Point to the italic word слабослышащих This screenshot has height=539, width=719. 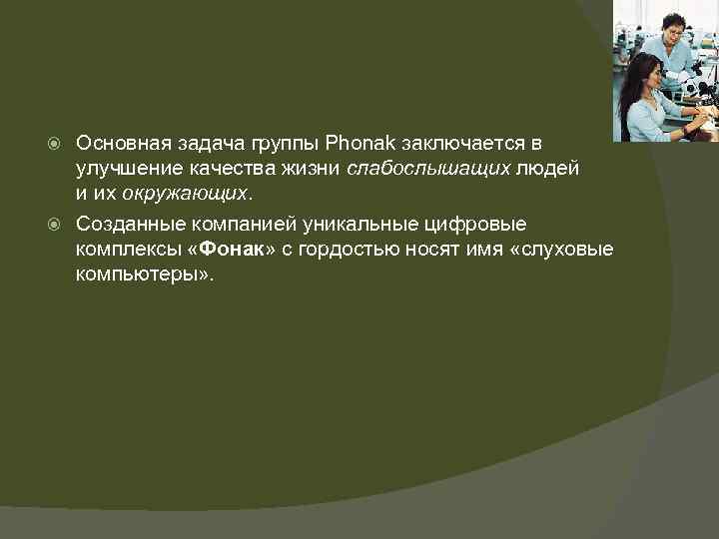[x=428, y=170]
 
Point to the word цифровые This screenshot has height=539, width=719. [x=484, y=223]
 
